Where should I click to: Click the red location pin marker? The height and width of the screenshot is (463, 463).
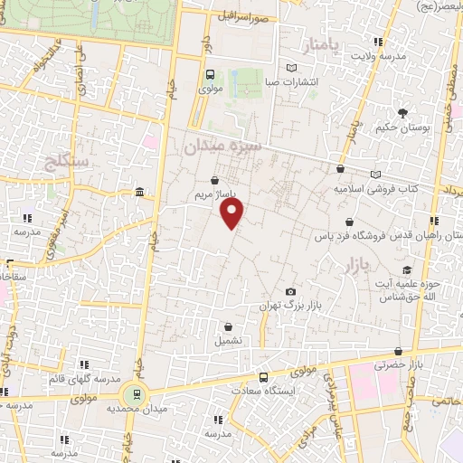[233, 213]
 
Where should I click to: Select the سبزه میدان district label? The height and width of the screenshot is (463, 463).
[222, 146]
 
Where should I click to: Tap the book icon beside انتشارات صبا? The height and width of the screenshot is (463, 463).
[290, 68]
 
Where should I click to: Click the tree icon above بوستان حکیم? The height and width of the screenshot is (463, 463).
[401, 111]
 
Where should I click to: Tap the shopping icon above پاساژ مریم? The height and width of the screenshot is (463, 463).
[213, 180]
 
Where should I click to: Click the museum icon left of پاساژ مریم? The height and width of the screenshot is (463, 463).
[138, 192]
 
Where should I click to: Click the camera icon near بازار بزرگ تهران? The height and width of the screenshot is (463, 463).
[290, 291]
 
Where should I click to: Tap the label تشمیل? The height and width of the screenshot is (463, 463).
[227, 341]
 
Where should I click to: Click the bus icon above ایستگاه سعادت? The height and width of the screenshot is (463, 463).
[262, 377]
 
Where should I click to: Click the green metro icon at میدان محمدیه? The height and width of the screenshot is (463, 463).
[136, 393]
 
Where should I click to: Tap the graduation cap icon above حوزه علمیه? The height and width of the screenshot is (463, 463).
[406, 269]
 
